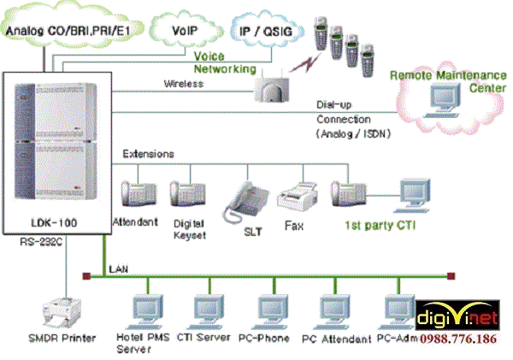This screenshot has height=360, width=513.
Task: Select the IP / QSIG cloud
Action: (265, 31)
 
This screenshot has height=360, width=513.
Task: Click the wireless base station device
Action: (273, 86)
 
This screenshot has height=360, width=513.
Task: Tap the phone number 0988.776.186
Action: (465, 339)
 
